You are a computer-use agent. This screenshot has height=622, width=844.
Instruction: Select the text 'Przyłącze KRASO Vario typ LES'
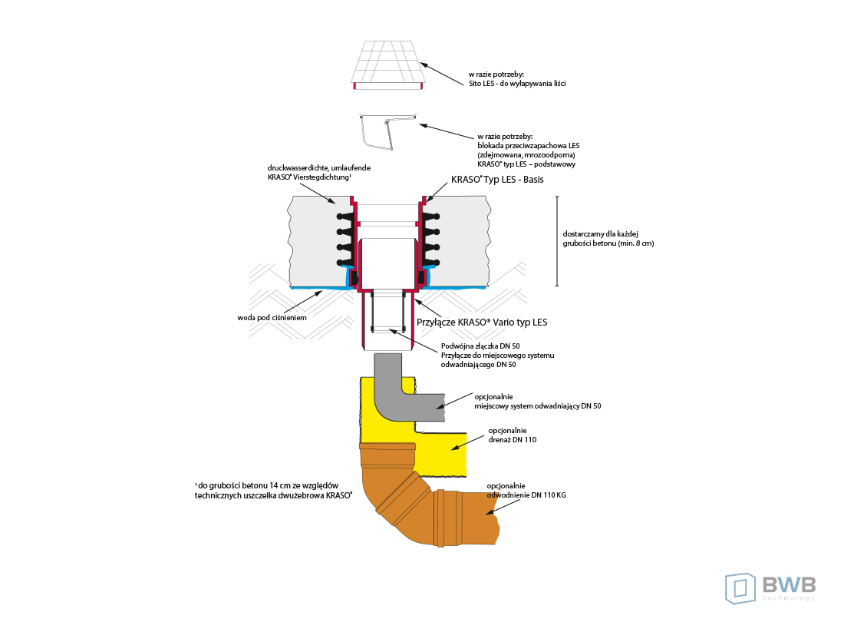tap(482, 322)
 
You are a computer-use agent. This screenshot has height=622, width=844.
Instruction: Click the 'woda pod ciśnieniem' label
tap(274, 316)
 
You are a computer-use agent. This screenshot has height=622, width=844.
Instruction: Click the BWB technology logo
tap(770, 587)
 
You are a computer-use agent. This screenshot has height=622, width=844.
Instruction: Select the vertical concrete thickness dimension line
tap(558, 241)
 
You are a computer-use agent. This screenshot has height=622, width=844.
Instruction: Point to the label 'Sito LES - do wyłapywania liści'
tap(517, 82)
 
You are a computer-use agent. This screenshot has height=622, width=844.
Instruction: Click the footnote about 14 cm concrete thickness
tap(273, 491)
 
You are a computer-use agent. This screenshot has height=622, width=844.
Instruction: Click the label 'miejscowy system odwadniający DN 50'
tap(537, 405)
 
